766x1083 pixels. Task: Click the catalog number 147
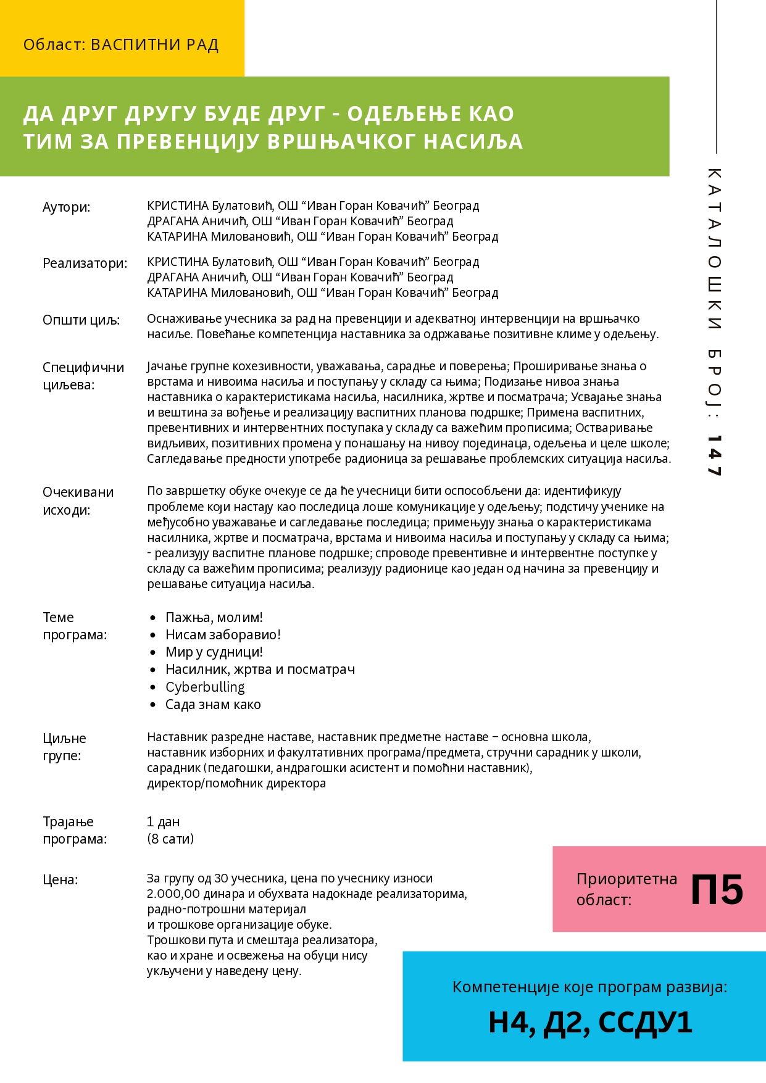click(714, 455)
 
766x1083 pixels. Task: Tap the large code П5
click(717, 890)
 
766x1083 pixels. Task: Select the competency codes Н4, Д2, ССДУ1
click(590, 1022)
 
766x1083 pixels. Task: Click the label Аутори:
click(66, 207)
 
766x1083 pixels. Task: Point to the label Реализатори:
click(85, 263)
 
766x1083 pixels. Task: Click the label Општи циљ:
click(81, 320)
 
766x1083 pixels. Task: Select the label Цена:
click(60, 879)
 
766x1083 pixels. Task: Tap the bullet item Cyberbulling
click(205, 687)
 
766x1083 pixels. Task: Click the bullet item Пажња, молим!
click(214, 617)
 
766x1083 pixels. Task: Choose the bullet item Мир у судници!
click(214, 652)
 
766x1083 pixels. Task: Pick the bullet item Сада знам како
click(213, 704)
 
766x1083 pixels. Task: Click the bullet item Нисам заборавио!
click(223, 634)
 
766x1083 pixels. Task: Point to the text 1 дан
click(163, 821)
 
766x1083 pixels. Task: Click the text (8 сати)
click(170, 839)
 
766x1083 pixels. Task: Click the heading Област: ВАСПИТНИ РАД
click(121, 45)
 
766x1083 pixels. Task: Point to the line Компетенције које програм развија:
click(589, 987)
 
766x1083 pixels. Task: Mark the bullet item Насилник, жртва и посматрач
click(260, 669)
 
